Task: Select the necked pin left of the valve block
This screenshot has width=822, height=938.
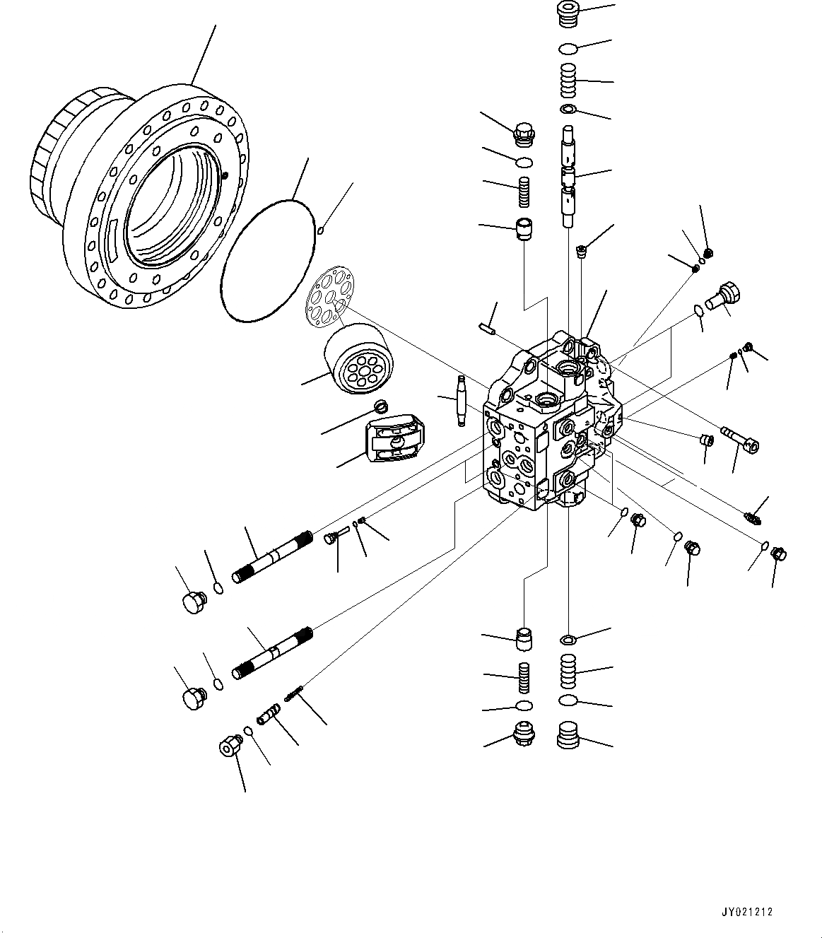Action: (461, 399)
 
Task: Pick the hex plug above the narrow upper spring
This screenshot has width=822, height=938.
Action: (524, 134)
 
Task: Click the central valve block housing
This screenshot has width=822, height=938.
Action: (544, 424)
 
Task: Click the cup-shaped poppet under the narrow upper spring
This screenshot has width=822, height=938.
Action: (524, 230)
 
